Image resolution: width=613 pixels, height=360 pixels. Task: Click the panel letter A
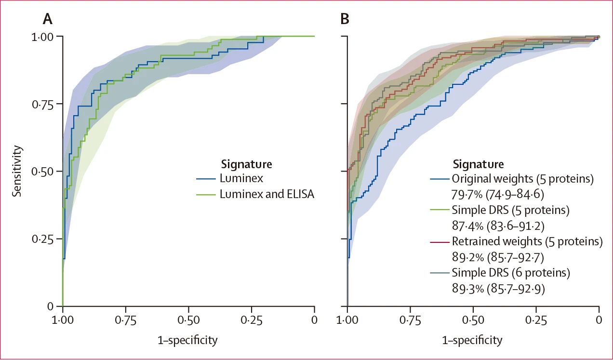click(48, 19)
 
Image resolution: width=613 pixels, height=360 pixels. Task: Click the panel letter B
click(345, 19)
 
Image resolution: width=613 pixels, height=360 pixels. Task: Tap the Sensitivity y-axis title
click(17, 171)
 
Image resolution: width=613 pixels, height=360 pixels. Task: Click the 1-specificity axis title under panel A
click(187, 340)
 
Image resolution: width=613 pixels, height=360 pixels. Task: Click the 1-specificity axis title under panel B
click(472, 340)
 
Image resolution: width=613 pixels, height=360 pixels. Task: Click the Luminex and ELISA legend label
click(267, 194)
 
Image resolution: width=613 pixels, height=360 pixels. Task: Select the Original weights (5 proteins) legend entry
click(522, 179)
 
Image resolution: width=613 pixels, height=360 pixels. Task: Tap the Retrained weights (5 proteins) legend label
click(527, 241)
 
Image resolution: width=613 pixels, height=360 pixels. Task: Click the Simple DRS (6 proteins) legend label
click(511, 273)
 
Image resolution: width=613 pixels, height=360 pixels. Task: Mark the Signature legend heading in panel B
click(478, 164)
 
